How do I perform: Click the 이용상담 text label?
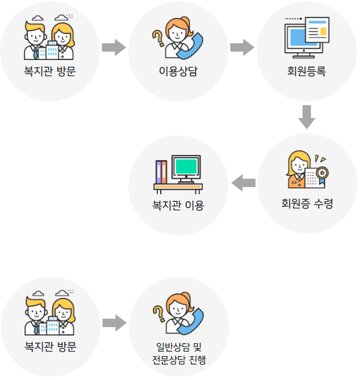[x=178, y=71]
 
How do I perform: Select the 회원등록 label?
[x=306, y=71]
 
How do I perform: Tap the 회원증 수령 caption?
[x=307, y=204]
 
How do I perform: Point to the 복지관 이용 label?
[x=178, y=205]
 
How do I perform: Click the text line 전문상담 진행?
[x=179, y=360]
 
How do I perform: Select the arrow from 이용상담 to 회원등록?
[x=242, y=48]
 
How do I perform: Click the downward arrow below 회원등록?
[x=306, y=117]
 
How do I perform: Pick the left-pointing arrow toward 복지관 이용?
[x=243, y=183]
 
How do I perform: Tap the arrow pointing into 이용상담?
[x=114, y=48]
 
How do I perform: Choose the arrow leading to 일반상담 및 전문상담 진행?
[x=114, y=323]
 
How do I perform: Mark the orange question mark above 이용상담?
[x=158, y=38]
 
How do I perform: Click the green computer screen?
[x=186, y=166]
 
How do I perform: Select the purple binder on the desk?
[x=159, y=172]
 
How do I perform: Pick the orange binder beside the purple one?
[x=164, y=172]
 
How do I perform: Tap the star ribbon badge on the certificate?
[x=322, y=175]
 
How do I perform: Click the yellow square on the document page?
[x=323, y=32]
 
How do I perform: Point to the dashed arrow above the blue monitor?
[x=294, y=19]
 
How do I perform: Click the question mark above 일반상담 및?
[x=159, y=314]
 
